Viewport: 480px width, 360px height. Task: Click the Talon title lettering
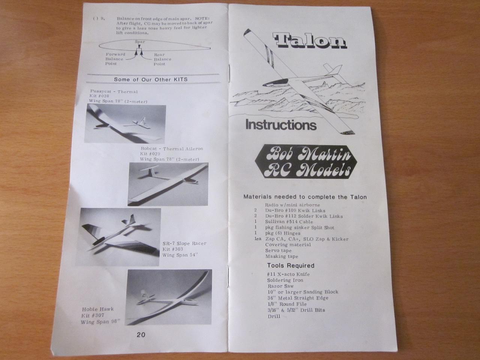tap(310, 40)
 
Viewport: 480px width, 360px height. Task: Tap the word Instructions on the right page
tap(281, 125)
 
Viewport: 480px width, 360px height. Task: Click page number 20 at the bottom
tap(141, 334)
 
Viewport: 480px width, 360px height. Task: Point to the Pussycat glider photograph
tap(125, 123)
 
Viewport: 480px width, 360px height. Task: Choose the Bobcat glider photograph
tap(168, 184)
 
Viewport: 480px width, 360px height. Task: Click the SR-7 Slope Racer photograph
tap(118, 237)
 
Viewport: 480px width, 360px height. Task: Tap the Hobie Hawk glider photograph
tap(168, 297)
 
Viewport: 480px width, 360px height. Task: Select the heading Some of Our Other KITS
tap(151, 79)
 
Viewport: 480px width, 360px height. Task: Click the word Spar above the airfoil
tap(140, 42)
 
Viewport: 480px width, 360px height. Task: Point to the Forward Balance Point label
tap(115, 59)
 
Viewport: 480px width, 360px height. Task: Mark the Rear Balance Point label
tap(162, 59)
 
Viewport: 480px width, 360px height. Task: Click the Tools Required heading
tap(291, 265)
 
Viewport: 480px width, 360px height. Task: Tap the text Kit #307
tap(93, 315)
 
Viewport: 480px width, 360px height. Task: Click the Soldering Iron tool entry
tap(285, 280)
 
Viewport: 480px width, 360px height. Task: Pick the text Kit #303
tap(173, 249)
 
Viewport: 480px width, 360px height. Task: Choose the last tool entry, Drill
tap(274, 316)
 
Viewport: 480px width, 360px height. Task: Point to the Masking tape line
tap(282, 256)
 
